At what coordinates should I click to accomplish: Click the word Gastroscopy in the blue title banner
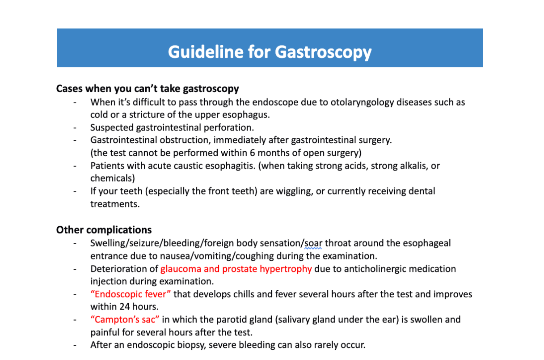[323, 52]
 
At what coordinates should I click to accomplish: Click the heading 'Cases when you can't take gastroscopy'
[148, 89]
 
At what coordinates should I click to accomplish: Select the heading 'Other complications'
[104, 230]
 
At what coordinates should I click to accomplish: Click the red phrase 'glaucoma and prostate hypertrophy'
[236, 269]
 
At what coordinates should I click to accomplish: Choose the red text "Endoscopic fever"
[131, 294]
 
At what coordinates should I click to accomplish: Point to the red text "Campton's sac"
[125, 320]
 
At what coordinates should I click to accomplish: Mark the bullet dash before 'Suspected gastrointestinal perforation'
[75, 127]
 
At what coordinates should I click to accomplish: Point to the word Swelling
[107, 243]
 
